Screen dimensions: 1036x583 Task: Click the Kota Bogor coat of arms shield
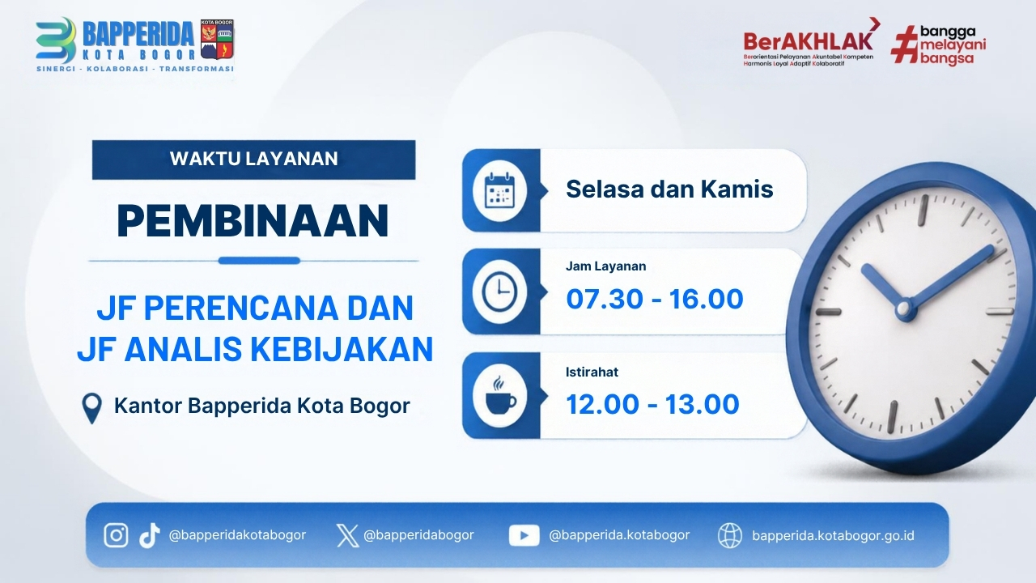pyautogui.click(x=217, y=40)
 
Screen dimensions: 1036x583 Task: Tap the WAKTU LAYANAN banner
pyautogui.click(x=253, y=160)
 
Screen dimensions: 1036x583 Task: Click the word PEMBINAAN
pyautogui.click(x=253, y=220)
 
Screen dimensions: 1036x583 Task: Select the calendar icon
pyautogui.click(x=499, y=190)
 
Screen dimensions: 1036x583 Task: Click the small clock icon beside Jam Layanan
pyautogui.click(x=499, y=291)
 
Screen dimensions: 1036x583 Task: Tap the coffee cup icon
pyautogui.click(x=500, y=396)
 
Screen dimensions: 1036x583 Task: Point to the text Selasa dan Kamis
pyautogui.click(x=669, y=189)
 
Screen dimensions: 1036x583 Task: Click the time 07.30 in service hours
pyautogui.click(x=605, y=299)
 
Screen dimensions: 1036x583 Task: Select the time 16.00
pyautogui.click(x=706, y=299)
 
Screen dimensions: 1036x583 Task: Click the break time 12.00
pyautogui.click(x=603, y=404)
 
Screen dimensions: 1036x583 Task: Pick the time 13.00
pyautogui.click(x=702, y=404)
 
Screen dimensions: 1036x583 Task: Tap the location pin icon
pyautogui.click(x=91, y=408)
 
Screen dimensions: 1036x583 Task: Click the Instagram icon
pyautogui.click(x=116, y=535)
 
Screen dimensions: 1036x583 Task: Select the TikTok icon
pyautogui.click(x=150, y=536)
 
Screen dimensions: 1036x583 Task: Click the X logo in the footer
pyautogui.click(x=347, y=536)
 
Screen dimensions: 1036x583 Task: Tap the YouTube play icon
pyautogui.click(x=524, y=535)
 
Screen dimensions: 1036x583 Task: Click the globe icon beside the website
pyautogui.click(x=730, y=535)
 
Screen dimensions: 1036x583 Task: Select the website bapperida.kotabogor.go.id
pyautogui.click(x=833, y=535)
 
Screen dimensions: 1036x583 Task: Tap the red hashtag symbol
pyautogui.click(x=905, y=45)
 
